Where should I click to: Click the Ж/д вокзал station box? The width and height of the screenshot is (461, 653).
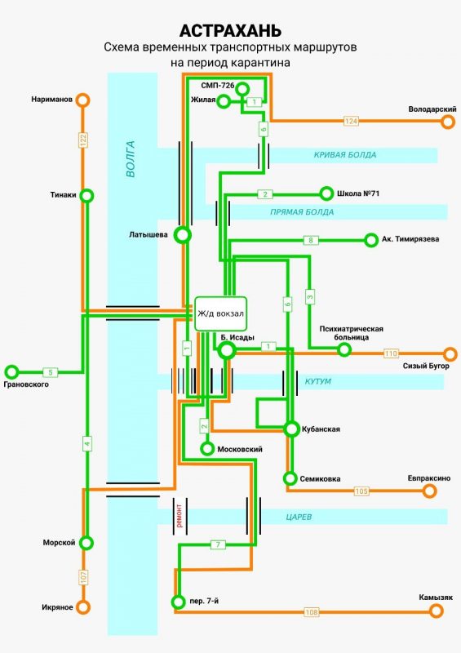coord(221,314)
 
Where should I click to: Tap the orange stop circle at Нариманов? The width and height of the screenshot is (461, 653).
coord(83,100)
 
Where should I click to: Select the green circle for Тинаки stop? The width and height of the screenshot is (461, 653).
coord(86,195)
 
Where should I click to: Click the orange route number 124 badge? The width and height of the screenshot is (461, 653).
coord(351,121)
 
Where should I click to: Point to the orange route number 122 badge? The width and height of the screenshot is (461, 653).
coord(83,140)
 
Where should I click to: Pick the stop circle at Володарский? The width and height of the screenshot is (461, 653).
coord(448,122)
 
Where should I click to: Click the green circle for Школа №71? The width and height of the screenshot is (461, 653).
coord(326,193)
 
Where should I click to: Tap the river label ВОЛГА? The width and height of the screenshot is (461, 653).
coord(131,159)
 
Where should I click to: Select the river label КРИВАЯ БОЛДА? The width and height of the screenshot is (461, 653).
coord(345,155)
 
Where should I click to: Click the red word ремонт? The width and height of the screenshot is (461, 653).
coord(180,516)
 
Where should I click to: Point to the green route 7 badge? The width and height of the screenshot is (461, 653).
coord(218,544)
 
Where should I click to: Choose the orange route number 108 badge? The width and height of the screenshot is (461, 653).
coord(312,612)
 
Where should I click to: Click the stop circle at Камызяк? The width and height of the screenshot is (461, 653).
coord(436,611)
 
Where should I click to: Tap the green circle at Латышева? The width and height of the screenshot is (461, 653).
coord(183,235)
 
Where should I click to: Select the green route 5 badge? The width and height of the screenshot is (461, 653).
coord(51,372)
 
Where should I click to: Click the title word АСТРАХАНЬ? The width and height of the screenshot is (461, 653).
coord(230,31)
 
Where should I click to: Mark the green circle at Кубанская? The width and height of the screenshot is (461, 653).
coord(291,429)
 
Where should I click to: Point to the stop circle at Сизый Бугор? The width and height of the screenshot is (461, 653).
coord(450,354)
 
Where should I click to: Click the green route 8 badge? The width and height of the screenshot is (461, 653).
coord(311,240)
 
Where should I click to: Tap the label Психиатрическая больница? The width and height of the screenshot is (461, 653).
coord(351,333)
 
